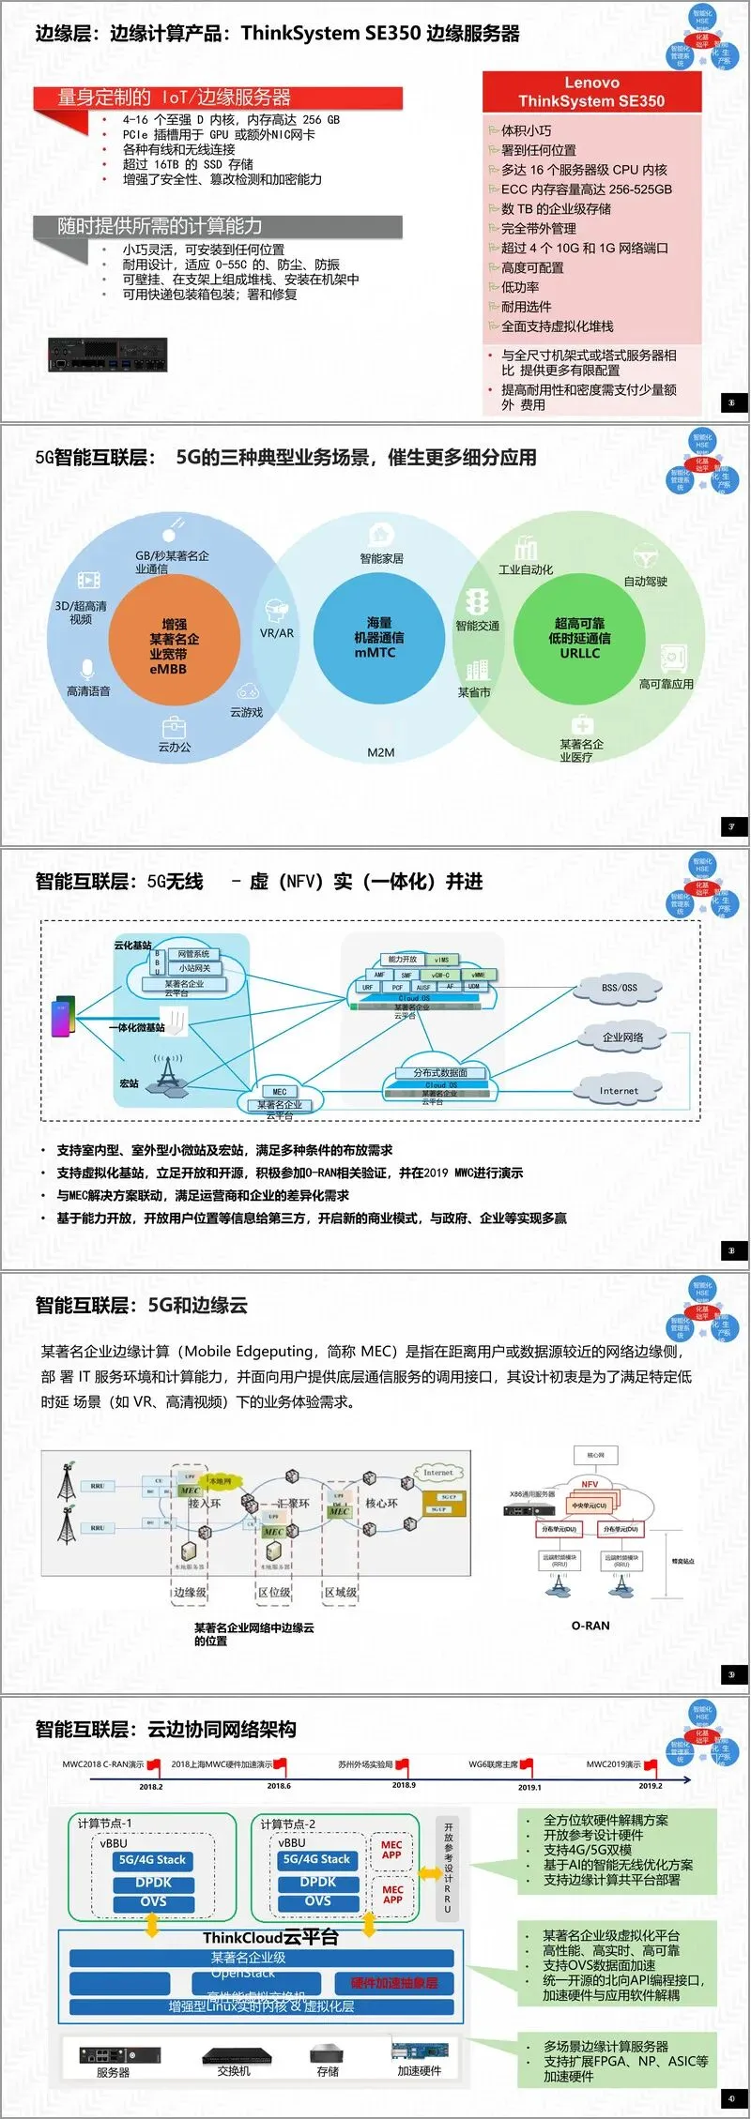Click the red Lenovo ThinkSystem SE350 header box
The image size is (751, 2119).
click(591, 92)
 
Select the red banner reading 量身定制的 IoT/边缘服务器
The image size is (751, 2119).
click(218, 98)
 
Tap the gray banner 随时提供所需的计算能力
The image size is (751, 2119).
click(218, 226)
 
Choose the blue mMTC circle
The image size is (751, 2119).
click(378, 638)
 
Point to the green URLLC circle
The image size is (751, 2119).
click(579, 638)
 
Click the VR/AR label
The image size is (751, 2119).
click(277, 633)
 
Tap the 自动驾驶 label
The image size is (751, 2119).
click(646, 582)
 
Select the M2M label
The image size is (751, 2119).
click(381, 752)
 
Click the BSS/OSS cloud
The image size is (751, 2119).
click(619, 988)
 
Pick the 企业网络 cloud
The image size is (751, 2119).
click(622, 1037)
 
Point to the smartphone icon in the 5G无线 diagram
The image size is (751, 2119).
click(63, 1016)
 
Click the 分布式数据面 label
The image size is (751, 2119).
click(440, 1072)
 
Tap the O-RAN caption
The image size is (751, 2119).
click(590, 1626)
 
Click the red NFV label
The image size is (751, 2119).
click(590, 1484)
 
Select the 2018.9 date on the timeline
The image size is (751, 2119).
click(404, 1785)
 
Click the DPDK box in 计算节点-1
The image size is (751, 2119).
click(153, 1883)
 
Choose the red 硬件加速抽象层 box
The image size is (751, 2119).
click(394, 1983)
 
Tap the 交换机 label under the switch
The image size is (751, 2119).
click(233, 2071)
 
